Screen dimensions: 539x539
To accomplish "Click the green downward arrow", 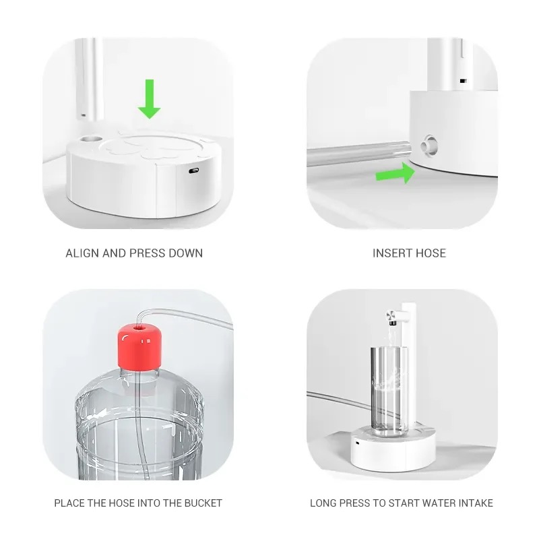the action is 149,99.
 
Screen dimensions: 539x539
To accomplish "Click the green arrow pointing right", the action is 395,173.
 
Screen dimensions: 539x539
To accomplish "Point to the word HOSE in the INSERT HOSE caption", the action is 431,253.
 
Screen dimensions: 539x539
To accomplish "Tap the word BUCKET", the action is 203,503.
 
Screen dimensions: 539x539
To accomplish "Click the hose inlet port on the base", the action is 429,145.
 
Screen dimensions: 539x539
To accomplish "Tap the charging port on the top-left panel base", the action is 194,170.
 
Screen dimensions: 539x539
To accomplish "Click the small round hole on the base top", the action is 91,139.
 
